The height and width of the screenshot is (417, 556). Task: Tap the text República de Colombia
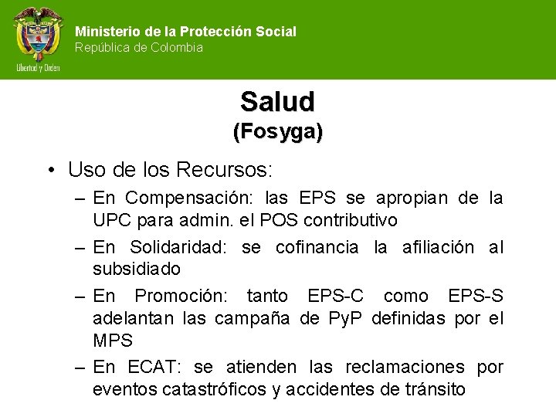139,48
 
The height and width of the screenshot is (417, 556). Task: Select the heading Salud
277,101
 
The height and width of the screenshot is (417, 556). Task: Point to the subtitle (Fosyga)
278,132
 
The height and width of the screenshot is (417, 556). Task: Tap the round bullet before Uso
49,169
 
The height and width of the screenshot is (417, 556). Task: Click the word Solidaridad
181,247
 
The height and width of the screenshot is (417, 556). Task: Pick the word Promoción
183,296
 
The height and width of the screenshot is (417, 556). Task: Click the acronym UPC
113,221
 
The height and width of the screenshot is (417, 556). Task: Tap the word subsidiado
137,270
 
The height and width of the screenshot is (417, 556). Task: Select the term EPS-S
476,296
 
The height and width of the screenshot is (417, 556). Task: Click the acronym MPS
113,341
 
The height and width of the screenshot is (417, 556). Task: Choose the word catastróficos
215,389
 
